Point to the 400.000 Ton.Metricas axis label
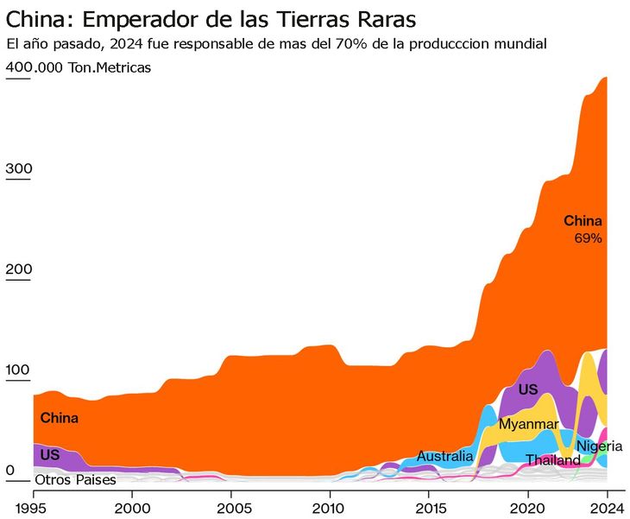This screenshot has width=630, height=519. [x=79, y=68]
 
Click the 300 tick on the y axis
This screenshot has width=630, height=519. [x=18, y=168]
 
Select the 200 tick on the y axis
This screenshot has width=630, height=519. [x=18, y=269]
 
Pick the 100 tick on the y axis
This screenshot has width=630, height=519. [x=18, y=370]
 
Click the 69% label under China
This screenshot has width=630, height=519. [x=588, y=237]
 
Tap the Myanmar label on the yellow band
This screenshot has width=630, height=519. [x=528, y=424]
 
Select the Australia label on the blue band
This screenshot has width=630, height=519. [x=444, y=456]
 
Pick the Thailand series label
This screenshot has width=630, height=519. [x=553, y=460]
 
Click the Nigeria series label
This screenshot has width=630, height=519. [x=599, y=446]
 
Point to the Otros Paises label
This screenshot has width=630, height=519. [x=75, y=479]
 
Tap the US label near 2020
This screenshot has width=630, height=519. [x=528, y=389]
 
